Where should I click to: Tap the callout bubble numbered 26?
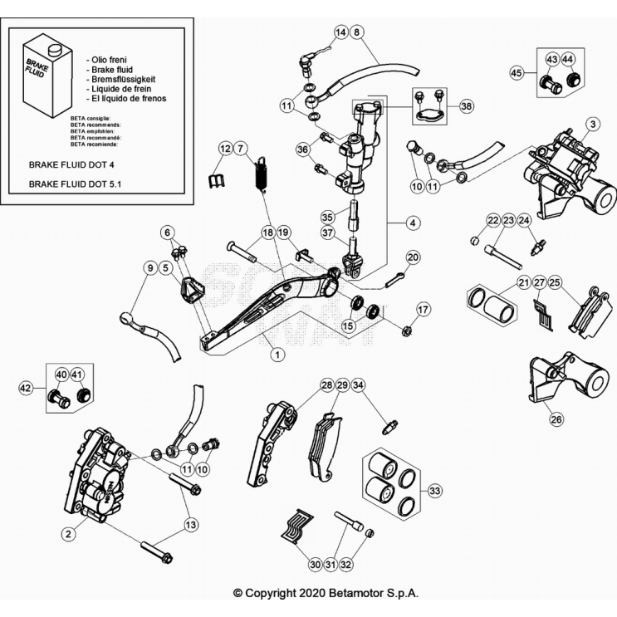point(556,419)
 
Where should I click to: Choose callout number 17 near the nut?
point(424,310)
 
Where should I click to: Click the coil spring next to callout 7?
point(260,175)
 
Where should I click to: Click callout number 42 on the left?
point(26,387)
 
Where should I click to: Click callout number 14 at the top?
point(340,32)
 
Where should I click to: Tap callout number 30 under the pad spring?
point(315,565)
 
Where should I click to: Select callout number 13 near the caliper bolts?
point(191,524)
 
